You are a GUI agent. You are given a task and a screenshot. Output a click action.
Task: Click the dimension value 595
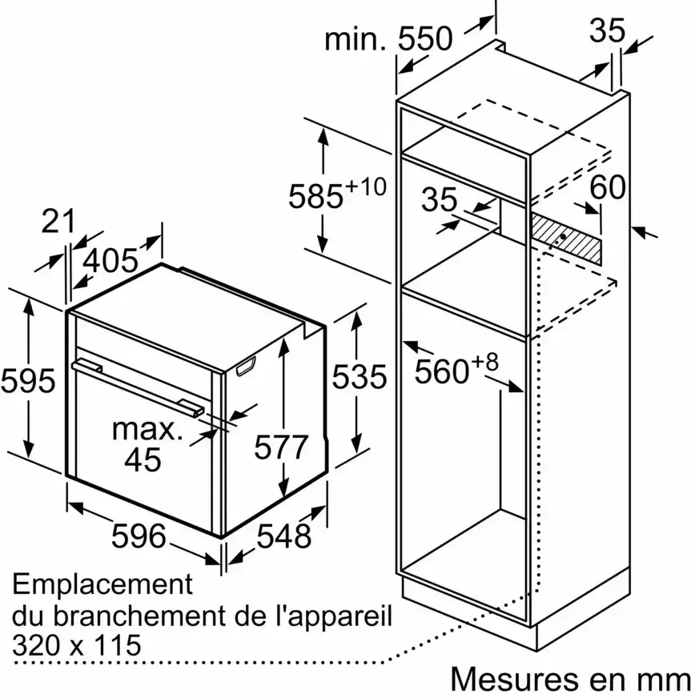28,381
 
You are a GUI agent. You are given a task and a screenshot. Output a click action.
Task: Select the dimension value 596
139,536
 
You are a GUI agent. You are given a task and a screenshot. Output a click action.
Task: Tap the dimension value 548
283,536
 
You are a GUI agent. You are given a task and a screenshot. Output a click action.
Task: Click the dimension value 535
360,377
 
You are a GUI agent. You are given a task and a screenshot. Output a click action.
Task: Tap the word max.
147,429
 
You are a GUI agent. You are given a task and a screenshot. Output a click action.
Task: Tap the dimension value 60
608,187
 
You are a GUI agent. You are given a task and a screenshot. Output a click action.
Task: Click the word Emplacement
102,584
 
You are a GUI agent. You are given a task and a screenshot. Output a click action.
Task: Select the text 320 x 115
77,644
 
